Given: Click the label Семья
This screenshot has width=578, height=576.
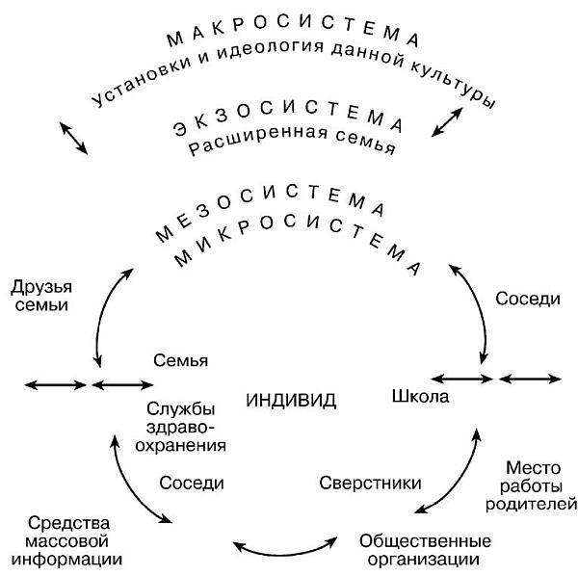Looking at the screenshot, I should point(181,360).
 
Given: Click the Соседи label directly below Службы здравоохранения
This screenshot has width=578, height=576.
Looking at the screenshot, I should point(192,482).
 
